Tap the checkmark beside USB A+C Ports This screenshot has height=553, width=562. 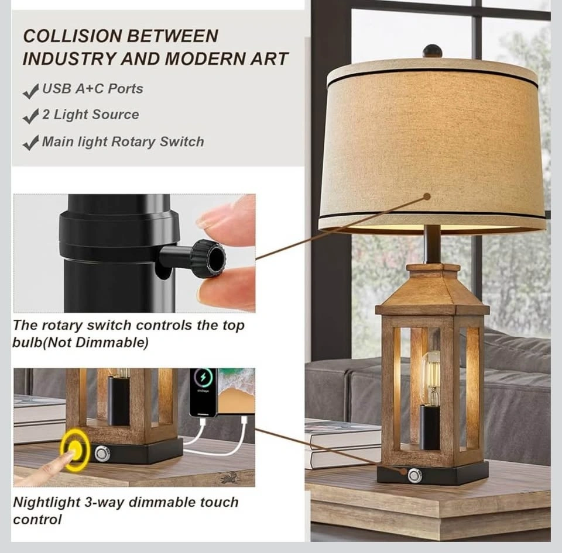[x=31, y=91]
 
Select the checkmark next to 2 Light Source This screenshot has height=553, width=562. [x=31, y=116]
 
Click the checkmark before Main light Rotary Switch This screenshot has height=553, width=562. [x=31, y=143]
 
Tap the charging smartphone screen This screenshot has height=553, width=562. [x=204, y=391]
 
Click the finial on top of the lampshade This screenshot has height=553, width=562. [x=432, y=51]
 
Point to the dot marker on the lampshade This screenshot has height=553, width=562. [x=427, y=196]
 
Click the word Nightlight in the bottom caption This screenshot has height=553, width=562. [x=47, y=503]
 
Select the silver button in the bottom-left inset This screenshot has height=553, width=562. [x=102, y=454]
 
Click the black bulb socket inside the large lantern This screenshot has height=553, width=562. [x=429, y=428]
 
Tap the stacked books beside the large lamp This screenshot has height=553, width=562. [x=342, y=443]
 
